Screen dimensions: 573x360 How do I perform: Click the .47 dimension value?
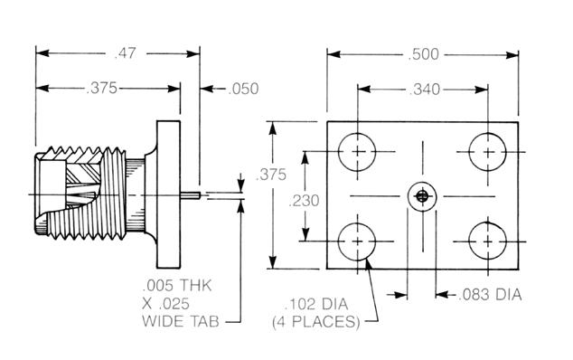tap(125, 53)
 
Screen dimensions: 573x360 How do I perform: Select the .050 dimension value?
tap(243, 89)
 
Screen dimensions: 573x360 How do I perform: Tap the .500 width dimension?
tap(423, 54)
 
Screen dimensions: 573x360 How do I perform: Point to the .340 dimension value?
tap(424, 90)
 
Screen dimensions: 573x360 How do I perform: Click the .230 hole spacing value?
tap(304, 201)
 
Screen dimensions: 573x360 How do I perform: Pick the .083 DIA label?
tap(490, 295)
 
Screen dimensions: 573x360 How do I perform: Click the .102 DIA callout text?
tap(316, 305)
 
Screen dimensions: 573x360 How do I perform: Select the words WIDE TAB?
tap(181, 322)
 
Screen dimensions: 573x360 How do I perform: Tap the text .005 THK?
tap(177, 285)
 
